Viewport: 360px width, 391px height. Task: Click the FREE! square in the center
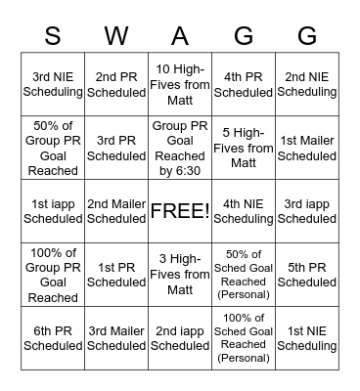(180, 211)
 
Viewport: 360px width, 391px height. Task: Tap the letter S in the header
(53, 36)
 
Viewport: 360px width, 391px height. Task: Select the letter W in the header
(116, 36)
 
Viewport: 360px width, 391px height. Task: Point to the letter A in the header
(180, 36)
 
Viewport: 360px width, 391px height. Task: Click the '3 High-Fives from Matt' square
(180, 275)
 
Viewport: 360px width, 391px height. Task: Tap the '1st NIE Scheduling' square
(307, 337)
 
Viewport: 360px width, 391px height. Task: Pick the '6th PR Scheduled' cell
(53, 337)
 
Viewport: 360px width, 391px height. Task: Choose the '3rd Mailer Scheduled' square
(116, 337)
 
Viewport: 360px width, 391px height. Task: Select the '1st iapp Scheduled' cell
(53, 211)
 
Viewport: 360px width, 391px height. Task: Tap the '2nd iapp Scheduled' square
(180, 337)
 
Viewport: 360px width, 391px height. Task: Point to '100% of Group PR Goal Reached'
(53, 275)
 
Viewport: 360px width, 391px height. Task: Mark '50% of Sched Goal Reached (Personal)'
(244, 275)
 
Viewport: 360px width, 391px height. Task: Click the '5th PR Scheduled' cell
(307, 275)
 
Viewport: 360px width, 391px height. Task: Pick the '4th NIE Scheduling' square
(244, 211)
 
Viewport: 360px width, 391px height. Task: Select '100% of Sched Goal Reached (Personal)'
(244, 337)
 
